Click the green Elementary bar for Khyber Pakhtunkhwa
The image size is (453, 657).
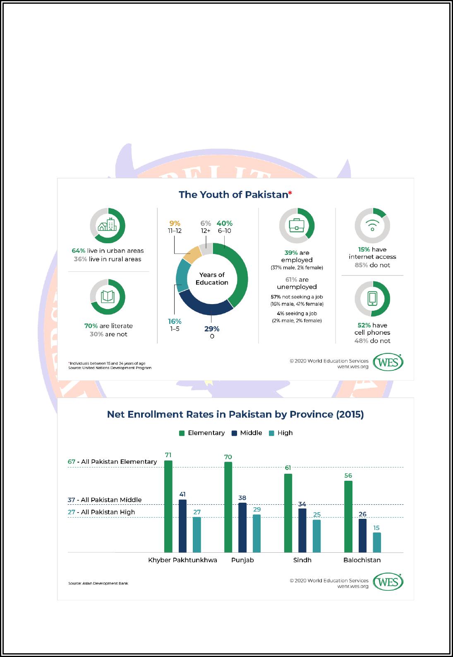click(168, 506)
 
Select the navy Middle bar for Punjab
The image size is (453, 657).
click(242, 528)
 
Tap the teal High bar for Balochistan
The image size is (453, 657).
click(377, 542)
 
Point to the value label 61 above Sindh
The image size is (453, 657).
click(288, 468)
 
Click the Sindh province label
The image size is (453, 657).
click(302, 560)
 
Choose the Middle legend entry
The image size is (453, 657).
click(247, 433)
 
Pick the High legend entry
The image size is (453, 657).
click(281, 433)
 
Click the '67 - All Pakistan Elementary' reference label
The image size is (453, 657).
click(112, 462)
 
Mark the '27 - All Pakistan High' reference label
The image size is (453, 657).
click(101, 512)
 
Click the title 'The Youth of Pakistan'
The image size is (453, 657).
click(235, 194)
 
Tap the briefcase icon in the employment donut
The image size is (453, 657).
click(297, 225)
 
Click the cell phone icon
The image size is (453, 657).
click(372, 299)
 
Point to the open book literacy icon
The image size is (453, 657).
click(108, 297)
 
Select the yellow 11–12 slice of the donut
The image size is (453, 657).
click(192, 254)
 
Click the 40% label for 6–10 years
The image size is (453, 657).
click(225, 223)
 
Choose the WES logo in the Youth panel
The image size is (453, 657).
click(388, 362)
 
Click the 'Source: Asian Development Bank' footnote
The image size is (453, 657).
click(98, 583)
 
